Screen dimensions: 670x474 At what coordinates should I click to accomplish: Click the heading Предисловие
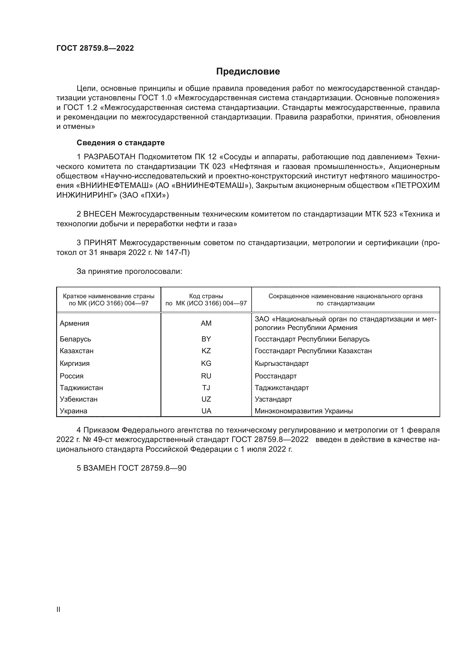tap(248, 72)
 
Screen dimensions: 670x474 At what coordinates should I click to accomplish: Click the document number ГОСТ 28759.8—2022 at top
tap(95, 48)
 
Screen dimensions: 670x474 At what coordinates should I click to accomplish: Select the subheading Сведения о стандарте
tap(121, 143)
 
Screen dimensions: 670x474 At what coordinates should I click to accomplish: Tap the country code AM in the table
tap(206, 323)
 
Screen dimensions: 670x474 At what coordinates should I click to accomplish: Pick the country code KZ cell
tap(206, 351)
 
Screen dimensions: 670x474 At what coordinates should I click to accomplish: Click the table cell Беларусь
tap(75, 339)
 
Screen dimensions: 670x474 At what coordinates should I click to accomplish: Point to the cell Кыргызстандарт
tap(282, 364)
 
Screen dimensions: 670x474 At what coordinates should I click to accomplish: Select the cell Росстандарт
tap(275, 376)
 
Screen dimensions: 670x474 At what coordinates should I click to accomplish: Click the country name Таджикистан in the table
tap(81, 388)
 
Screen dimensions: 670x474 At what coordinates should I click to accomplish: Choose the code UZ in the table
tap(206, 399)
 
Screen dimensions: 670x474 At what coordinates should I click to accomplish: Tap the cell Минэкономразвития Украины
tap(303, 411)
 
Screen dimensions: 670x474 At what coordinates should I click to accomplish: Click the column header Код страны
tap(206, 296)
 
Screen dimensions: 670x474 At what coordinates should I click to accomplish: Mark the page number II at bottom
tap(58, 610)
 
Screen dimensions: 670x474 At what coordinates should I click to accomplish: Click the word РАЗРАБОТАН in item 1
tap(110, 157)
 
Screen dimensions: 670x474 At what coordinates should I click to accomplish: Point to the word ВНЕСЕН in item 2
tap(100, 214)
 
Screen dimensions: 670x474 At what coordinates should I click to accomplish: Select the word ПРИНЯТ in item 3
tap(100, 243)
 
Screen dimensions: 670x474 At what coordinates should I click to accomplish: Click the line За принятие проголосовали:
tap(129, 271)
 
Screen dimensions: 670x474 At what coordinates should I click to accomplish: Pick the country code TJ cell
tap(206, 388)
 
